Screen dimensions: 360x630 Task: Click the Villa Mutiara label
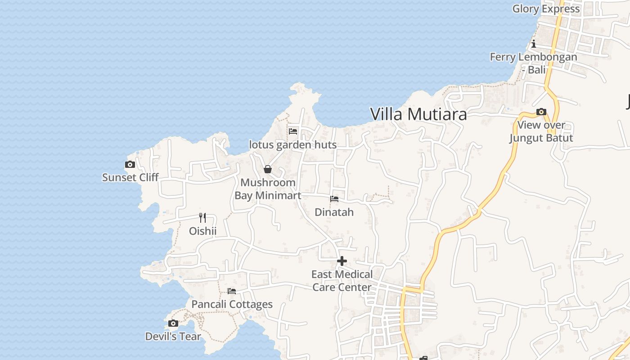418,114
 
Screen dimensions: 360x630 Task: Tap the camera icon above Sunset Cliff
130,165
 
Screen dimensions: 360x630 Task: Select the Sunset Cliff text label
130,177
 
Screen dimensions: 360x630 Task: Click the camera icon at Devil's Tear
173,323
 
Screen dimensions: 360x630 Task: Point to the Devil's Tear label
173,336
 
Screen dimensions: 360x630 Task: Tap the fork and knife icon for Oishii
202,218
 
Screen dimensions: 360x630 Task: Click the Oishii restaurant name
202,231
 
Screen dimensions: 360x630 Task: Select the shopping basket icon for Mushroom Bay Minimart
268,169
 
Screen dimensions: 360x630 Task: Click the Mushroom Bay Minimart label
268,189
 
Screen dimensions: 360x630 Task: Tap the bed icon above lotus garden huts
293,131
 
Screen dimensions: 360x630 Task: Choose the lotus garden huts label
293,145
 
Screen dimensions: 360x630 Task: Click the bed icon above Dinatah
334,198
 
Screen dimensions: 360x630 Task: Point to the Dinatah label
334,212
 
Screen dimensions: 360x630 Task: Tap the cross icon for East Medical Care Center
342,261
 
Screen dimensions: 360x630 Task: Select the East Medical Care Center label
342,281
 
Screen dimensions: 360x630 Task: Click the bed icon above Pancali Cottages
232,291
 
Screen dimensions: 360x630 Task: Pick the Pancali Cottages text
232,304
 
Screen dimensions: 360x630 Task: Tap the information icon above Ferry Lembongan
534,44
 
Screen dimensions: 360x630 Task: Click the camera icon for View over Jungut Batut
541,112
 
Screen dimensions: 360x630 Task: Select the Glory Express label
546,9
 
